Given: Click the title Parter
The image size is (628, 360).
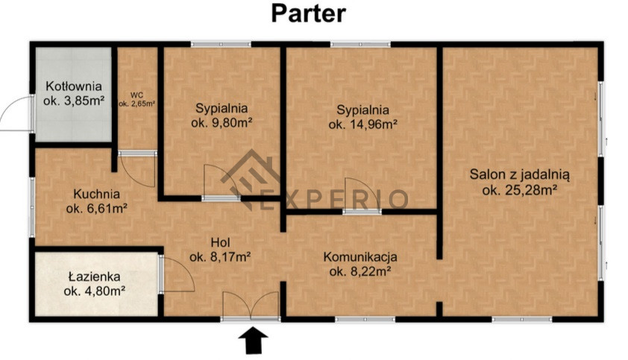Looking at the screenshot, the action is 308,14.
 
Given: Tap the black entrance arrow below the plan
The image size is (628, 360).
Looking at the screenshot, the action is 253,341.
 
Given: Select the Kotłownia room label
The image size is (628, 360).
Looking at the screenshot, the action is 74,86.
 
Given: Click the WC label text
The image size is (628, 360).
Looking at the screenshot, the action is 136,95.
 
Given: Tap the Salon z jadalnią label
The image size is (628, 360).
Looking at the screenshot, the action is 519,174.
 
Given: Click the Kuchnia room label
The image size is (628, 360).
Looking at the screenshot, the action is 96,195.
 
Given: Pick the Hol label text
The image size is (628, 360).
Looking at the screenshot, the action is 221,242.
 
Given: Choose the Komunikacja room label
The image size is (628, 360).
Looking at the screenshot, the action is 360,256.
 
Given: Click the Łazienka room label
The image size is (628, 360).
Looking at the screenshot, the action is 95,277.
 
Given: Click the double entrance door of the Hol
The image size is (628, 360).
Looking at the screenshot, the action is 251,306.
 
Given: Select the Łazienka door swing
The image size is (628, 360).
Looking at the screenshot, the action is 177,274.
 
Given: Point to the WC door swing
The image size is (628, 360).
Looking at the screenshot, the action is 137,170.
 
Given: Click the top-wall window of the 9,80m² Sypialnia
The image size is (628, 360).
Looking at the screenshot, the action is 221,44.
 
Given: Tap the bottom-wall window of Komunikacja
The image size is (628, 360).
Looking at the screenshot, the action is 365,319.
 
